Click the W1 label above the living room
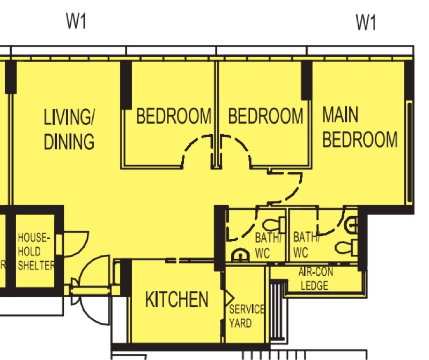(x=76, y=21)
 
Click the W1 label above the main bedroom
(x=366, y=23)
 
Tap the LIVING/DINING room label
(x=69, y=129)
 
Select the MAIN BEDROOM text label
(x=360, y=127)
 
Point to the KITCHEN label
(x=177, y=299)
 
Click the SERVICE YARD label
(x=247, y=316)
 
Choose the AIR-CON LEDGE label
(x=315, y=278)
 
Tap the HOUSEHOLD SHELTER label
(x=36, y=252)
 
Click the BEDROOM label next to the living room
(x=174, y=116)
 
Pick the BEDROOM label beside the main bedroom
(x=265, y=116)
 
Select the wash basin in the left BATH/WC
(x=240, y=255)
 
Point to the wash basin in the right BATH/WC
(x=352, y=225)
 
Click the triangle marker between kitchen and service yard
(x=230, y=298)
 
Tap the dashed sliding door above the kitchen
(x=189, y=260)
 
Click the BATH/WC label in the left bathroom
(x=268, y=245)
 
